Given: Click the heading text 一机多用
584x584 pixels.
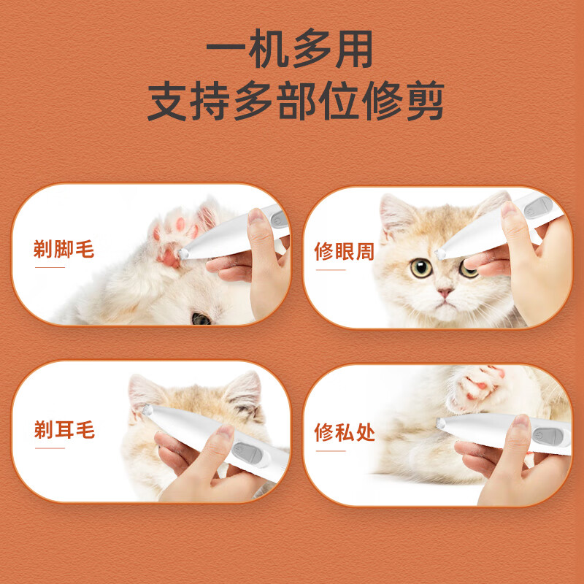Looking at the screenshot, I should [x=291, y=51].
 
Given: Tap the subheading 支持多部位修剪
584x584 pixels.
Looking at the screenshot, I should [x=296, y=102].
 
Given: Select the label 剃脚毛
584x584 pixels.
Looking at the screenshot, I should [x=64, y=250].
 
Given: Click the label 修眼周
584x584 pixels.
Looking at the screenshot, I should [x=344, y=252].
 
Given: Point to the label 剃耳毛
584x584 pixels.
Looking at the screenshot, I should [x=64, y=430].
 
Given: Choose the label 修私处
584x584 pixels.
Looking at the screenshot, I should [x=344, y=432].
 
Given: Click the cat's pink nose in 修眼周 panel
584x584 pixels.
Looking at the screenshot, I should [x=445, y=293].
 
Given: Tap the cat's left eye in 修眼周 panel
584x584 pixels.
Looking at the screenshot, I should [x=420, y=268].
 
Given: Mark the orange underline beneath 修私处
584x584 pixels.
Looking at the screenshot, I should [x=329, y=450].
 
